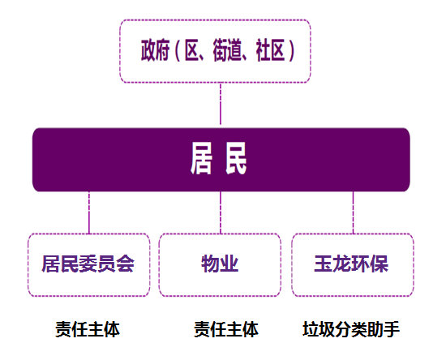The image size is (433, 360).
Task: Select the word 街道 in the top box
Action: coord(223,51)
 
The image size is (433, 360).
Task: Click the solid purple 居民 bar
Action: coord(221,159)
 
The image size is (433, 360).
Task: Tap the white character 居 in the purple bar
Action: coord(202,159)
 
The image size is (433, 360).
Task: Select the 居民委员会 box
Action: coord(88,264)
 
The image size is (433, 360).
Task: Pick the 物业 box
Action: coord(221,264)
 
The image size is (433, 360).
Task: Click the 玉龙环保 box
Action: coord(352,264)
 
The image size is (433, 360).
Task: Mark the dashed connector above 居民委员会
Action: coord(88,212)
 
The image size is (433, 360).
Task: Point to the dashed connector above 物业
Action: coord(221,212)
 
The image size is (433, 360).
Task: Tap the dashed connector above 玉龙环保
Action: coord(353,212)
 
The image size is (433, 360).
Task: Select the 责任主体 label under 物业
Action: coord(226,329)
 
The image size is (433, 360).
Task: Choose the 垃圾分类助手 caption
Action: coord(351,329)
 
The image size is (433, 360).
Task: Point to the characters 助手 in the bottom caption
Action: coord(384,329)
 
